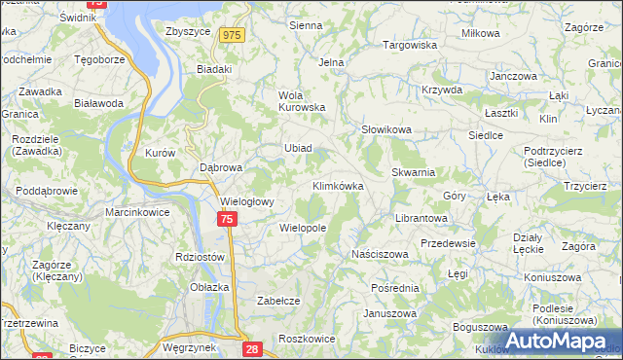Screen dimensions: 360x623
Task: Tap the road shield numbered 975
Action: [x=231, y=35]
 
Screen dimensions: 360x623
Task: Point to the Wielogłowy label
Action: [x=248, y=201]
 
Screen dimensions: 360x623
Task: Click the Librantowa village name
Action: [x=421, y=219]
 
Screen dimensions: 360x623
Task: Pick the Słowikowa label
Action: [x=386, y=128]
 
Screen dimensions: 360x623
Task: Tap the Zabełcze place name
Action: [x=277, y=301]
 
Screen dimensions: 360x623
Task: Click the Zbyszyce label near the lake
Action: [x=189, y=31]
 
